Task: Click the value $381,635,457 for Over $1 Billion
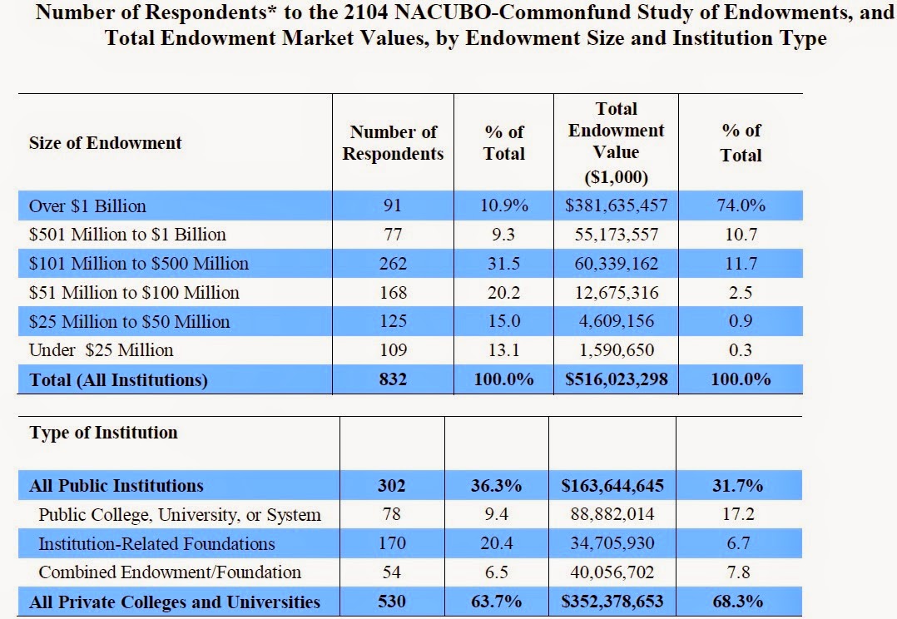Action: [616, 206]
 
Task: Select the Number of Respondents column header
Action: [393, 143]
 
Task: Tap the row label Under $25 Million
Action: [102, 350]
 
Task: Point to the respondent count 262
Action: [393, 264]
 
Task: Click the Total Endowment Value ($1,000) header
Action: [617, 142]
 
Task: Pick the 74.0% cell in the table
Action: [741, 206]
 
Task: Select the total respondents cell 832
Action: [393, 379]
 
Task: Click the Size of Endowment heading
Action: [105, 142]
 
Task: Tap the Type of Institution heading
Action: [103, 433]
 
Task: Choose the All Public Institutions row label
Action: [116, 486]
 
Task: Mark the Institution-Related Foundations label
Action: [156, 544]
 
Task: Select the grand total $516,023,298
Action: [616, 379]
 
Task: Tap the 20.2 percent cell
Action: [503, 293]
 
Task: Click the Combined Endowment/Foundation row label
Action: [170, 572]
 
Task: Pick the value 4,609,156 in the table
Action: [616, 321]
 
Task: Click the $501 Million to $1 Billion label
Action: [127, 235]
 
